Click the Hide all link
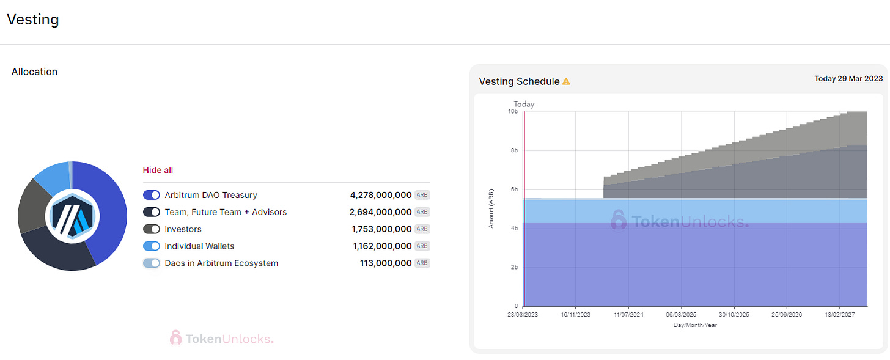coord(158,170)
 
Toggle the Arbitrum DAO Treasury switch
coord(152,195)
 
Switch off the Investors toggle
coord(152,229)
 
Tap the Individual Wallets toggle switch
coord(152,246)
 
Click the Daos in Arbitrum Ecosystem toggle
coord(152,263)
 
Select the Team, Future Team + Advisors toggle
coord(152,212)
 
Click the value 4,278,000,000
coord(381,195)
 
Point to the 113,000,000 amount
coord(386,263)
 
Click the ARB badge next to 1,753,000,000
coord(422,229)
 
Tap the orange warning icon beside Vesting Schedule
coord(566,81)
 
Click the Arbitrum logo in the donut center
coord(72,216)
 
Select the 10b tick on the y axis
coord(513,112)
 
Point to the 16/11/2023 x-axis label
coord(575,314)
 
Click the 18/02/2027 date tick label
coord(839,314)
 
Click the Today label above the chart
coord(524,104)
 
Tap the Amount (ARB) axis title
coord(491,208)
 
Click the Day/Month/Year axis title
coord(695,325)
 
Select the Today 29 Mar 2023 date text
coord(848,79)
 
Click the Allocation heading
coord(34,72)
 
